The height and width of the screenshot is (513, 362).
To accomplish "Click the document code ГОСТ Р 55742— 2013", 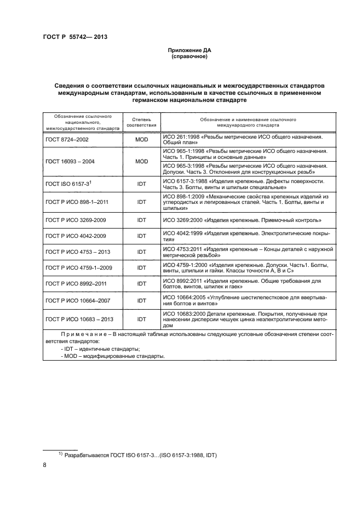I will pos(74,37).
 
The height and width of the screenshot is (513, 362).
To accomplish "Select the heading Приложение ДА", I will pos(189,50).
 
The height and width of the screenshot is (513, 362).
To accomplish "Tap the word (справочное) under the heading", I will pos(189,56).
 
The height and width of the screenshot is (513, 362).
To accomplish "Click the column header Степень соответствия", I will pos(142,122).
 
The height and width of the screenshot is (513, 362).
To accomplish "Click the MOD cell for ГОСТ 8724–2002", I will pos(142,140).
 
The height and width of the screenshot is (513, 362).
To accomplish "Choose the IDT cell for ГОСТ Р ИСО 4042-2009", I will pos(142,236).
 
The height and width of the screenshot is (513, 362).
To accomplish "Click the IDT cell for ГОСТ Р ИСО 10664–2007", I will pos(142,300).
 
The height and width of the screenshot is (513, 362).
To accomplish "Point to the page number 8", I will pos(44,466).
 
